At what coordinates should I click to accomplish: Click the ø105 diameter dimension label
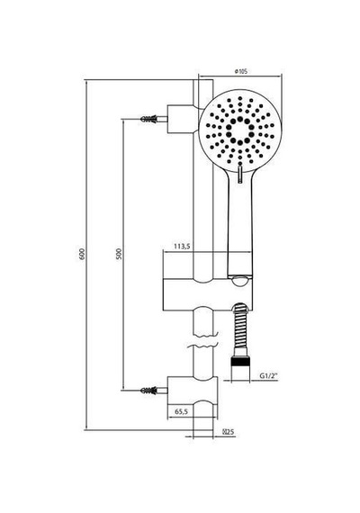tap(241, 71)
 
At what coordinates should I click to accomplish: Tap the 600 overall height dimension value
tap(82, 254)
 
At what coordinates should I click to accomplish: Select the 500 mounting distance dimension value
tap(119, 254)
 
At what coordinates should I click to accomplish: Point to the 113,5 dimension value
tap(182, 247)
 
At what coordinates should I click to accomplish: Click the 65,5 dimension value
tap(181, 411)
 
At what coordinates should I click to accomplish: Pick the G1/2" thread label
tap(268, 376)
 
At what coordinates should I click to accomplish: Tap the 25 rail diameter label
tap(229, 431)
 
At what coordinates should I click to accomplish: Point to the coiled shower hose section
tap(240, 329)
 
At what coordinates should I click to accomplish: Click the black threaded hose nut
tap(240, 362)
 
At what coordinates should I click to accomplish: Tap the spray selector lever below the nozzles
tap(240, 175)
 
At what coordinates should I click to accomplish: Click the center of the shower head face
tap(240, 130)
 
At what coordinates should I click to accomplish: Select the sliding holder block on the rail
tap(208, 294)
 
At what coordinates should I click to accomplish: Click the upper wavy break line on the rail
tap(205, 336)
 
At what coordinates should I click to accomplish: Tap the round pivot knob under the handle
tap(240, 282)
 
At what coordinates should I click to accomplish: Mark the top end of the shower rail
tap(203, 79)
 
